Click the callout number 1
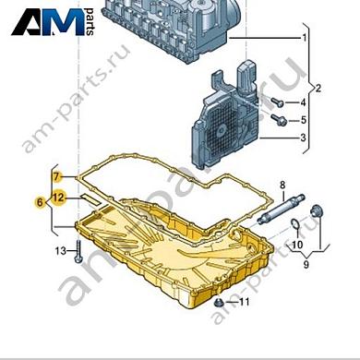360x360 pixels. (304, 39)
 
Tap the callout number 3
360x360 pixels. (304, 138)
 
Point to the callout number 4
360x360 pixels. (304, 102)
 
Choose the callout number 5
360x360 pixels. (304, 120)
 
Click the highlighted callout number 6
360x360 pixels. (40, 201)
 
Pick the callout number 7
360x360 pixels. (56, 175)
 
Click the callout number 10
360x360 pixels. (296, 245)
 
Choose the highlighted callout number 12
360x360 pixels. (58, 197)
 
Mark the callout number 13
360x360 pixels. (60, 250)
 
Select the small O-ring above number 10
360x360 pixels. (292, 225)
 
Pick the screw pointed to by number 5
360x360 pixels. (279, 120)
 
